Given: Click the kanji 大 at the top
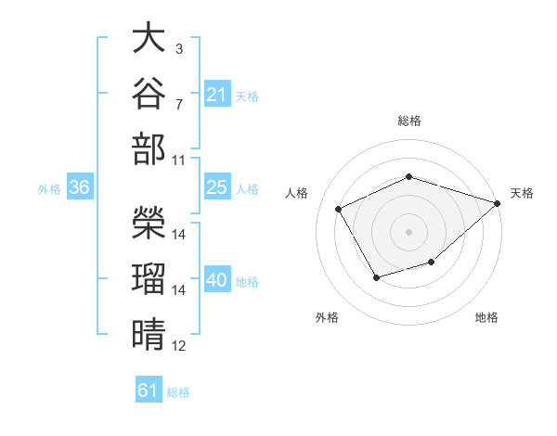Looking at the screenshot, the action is tap(149, 37).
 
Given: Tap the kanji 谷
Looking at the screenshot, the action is tap(149, 93).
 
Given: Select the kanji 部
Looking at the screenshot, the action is tap(149, 148).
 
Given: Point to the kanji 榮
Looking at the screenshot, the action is tap(149, 223).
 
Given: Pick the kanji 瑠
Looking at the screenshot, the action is tap(149, 278).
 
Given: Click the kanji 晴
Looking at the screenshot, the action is tap(149, 334).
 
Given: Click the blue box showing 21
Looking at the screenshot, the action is tap(217, 94).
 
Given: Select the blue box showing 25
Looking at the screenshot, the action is tap(217, 186).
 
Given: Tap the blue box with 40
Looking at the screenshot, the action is tap(217, 278).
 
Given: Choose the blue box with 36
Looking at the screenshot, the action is tap(80, 186).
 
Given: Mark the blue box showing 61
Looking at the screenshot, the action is tap(149, 389).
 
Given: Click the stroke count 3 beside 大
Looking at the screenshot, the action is tap(179, 49).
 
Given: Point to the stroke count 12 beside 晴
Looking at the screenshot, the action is tap(178, 346).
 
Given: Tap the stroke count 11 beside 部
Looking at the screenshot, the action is tap(178, 160).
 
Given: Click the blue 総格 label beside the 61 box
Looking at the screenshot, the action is tap(178, 392).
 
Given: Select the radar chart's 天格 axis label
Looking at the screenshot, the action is tap(522, 193).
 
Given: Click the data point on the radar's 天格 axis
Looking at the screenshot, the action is tap(498, 203).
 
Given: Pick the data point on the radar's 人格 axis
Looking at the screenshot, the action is tap(339, 209).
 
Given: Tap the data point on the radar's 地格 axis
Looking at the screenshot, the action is tap(432, 262).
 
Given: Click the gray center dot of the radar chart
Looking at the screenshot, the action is tap(408, 232).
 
